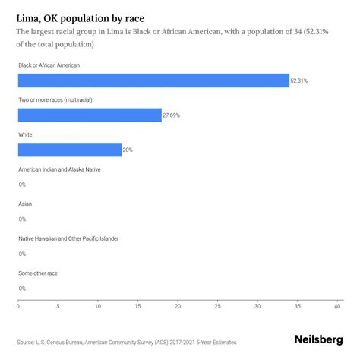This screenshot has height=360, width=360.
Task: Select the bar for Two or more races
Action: click(90, 115)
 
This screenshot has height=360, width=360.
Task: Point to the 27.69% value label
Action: click(172, 115)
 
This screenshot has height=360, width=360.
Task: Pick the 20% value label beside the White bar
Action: click(128, 150)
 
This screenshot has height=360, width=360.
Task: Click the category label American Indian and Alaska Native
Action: click(59, 169)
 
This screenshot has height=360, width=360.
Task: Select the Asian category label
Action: click(25, 204)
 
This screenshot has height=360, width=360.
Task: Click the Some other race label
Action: click(38, 273)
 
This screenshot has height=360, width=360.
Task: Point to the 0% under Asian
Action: click(22, 219)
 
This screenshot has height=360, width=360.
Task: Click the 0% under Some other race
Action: click(22, 288)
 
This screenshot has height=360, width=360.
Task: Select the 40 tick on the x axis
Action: click(337, 307)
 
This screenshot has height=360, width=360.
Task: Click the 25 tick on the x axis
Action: click(217, 307)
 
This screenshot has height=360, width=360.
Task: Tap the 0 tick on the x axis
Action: click(18, 307)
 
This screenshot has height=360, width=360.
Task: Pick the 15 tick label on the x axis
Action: click(137, 307)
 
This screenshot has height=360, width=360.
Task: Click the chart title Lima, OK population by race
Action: click(82, 15)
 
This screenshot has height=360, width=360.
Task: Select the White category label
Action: click(26, 134)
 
